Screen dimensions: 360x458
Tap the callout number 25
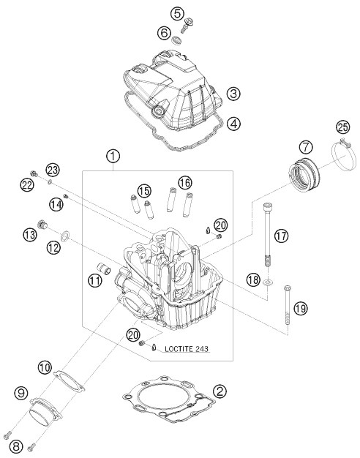click(x=342, y=127)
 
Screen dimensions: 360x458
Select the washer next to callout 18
click(x=268, y=282)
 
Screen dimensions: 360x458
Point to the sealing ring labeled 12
click(x=65, y=236)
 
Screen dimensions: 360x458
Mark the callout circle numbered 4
click(x=233, y=124)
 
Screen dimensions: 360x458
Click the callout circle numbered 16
click(x=185, y=183)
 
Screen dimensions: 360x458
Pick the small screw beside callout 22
click(x=34, y=173)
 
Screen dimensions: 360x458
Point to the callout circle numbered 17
click(x=281, y=236)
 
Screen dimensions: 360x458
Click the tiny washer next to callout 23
click(x=50, y=183)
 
